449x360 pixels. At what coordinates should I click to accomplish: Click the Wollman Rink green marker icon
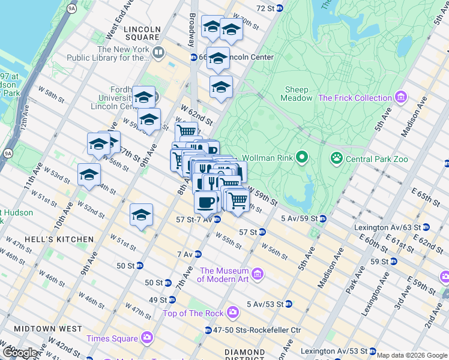pyautogui.click(x=301, y=158)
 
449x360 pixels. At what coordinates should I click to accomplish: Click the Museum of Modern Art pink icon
pyautogui.click(x=258, y=274)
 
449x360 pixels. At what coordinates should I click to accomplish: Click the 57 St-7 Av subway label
pyautogui.click(x=196, y=220)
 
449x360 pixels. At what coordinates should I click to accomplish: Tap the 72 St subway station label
pyautogui.click(x=270, y=8)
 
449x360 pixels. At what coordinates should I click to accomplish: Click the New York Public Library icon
pyautogui.click(x=158, y=52)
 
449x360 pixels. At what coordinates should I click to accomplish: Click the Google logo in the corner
pyautogui.click(x=20, y=353)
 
